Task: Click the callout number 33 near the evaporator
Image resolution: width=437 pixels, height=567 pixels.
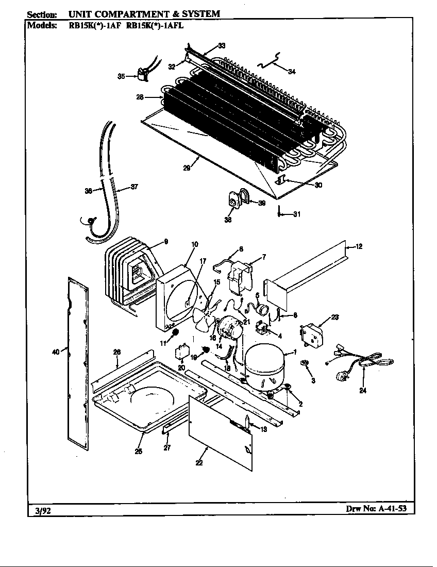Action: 221,46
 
